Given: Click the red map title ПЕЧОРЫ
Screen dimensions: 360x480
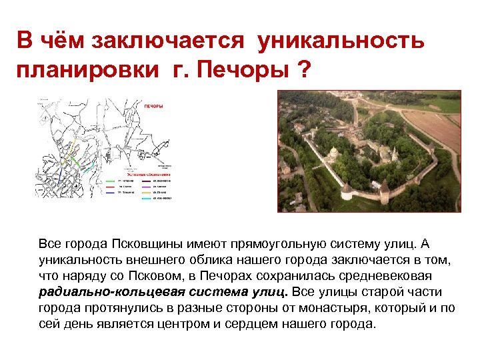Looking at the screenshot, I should pos(153,106).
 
